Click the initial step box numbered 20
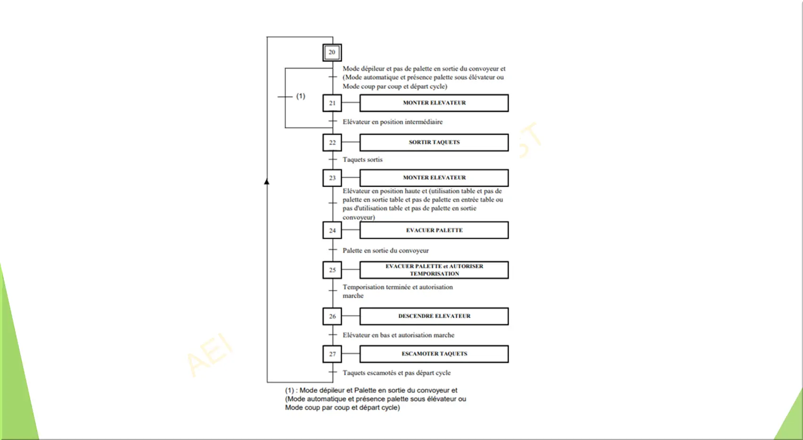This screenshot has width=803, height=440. coord(332,52)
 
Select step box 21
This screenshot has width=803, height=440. coord(332,103)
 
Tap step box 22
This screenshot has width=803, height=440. coord(332,142)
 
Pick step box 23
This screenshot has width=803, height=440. coord(332,178)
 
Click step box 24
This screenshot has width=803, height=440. coord(332,230)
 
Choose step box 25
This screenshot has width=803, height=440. coord(332,270)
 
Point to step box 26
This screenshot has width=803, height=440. coord(332,316)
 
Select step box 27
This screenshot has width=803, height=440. coord(332,354)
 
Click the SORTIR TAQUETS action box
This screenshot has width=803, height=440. coord(434,142)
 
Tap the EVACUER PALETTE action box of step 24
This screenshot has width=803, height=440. coord(434,230)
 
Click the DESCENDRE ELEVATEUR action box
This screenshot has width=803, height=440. coord(434,316)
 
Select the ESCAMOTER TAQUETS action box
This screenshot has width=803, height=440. coord(434,354)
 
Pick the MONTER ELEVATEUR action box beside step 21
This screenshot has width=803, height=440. coord(434,103)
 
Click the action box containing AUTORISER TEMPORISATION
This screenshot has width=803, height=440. coord(434,270)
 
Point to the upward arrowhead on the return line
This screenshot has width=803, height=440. coord(267,182)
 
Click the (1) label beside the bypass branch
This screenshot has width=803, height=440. coord(300,96)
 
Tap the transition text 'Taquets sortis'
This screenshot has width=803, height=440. coord(362,160)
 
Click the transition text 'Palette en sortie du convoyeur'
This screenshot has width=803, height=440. coord(386,250)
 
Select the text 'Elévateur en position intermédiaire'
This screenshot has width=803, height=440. coord(393,122)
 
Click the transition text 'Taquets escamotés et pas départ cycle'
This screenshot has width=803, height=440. coord(396,373)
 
